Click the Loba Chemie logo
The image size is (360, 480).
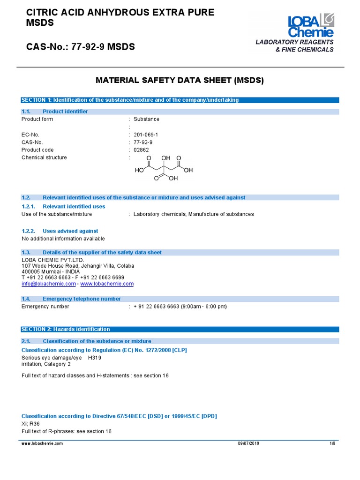click(x=310, y=26)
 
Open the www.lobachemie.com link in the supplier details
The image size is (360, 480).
click(x=107, y=284)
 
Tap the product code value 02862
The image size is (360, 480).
click(x=141, y=150)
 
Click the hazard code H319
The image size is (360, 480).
click(x=94, y=358)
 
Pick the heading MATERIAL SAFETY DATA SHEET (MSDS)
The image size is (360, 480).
click(x=180, y=80)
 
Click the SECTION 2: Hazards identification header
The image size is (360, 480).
click(x=66, y=329)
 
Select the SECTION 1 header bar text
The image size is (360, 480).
click(x=130, y=100)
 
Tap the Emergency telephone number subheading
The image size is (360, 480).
click(x=82, y=299)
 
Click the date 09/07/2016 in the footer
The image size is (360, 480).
click(x=248, y=443)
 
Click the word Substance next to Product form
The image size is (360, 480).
click(x=146, y=119)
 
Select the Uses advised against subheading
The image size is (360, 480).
click(x=70, y=231)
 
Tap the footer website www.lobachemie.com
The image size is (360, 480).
click(x=42, y=443)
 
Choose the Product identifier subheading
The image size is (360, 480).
click(x=65, y=111)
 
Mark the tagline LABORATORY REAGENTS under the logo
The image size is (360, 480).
click(x=294, y=42)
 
